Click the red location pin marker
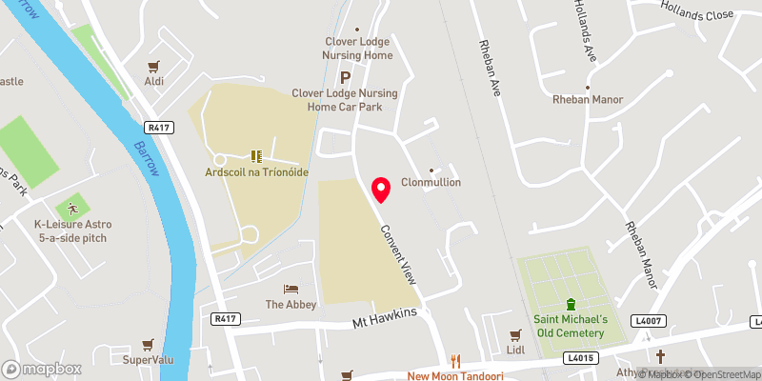[x=381, y=190]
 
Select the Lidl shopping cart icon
[x=515, y=335]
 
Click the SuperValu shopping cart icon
[x=147, y=344]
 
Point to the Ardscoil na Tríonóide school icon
[x=255, y=155]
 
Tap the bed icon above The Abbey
[x=290, y=289]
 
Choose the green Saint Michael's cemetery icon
[x=570, y=305]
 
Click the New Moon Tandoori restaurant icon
[x=455, y=361]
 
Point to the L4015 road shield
[x=579, y=358]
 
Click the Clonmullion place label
[x=431, y=182]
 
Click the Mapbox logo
[x=41, y=369]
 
